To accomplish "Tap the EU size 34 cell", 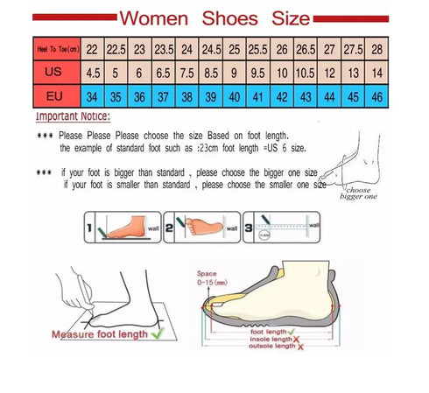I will click(x=92, y=95).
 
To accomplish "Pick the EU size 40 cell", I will click(x=234, y=95).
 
